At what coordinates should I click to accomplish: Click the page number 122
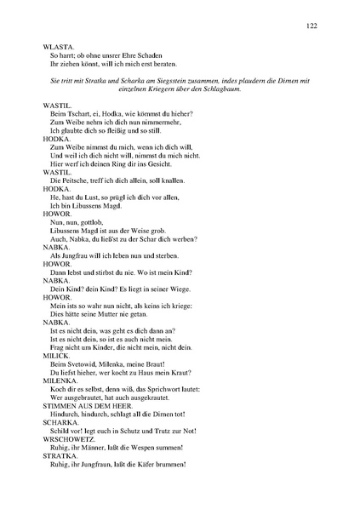pos(312,26)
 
